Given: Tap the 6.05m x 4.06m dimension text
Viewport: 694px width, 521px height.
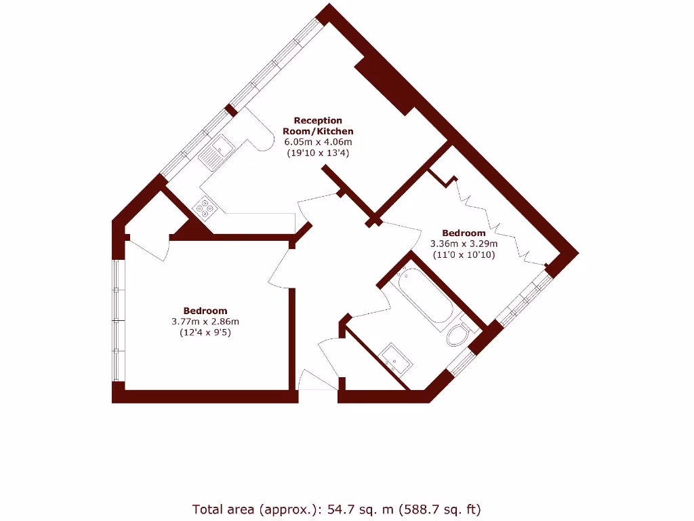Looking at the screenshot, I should tap(318, 142).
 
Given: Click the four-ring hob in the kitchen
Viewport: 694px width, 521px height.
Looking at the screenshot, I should tap(203, 207).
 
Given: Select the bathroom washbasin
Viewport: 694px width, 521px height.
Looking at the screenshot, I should tap(394, 358).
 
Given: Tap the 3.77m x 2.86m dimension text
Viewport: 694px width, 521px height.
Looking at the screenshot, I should tap(205, 322).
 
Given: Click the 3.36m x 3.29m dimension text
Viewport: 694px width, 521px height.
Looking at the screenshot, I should tap(464, 244).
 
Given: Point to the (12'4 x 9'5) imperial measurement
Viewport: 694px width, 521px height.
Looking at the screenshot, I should tap(205, 333).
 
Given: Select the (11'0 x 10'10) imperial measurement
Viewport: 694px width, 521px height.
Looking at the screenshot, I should tap(464, 255).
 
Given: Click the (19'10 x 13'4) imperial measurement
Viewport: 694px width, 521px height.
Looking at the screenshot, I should tap(318, 153).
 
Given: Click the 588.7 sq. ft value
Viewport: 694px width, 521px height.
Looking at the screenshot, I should tap(441, 509).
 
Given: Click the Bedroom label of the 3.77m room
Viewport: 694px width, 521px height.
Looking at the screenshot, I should tap(205, 311).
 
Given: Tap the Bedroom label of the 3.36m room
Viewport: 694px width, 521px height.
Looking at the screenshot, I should tap(464, 233).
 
